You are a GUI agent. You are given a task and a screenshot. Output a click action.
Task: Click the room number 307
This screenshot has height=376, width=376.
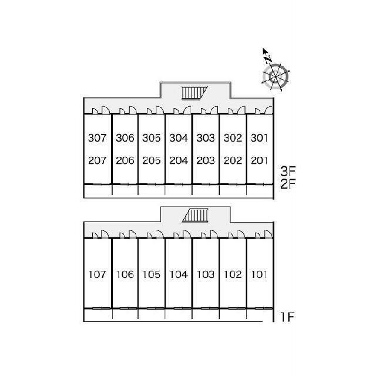pyautogui.click(x=97, y=138)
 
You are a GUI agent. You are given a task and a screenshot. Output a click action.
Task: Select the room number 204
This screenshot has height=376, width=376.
pyautogui.click(x=179, y=160)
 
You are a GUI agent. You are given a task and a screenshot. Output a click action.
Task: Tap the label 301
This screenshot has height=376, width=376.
pyautogui.click(x=259, y=138)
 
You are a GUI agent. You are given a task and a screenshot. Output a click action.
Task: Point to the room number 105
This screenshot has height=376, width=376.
pyautogui.click(x=152, y=274)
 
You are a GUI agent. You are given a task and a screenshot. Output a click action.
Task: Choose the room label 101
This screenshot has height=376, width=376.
pyautogui.click(x=259, y=274)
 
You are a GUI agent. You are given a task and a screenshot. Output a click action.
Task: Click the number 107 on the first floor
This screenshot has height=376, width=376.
pyautogui.click(x=97, y=274)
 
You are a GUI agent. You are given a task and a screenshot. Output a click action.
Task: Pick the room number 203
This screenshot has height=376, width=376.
pyautogui.click(x=206, y=160)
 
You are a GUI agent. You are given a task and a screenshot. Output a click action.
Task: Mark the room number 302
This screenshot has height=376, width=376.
pyautogui.click(x=233, y=138)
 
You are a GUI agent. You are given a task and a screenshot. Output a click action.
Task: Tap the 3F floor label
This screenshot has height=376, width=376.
pyautogui.click(x=288, y=171)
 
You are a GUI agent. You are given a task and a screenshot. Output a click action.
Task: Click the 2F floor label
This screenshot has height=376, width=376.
pyautogui.click(x=288, y=184)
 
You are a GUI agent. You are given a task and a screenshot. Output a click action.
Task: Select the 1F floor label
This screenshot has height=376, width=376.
pyautogui.click(x=287, y=317)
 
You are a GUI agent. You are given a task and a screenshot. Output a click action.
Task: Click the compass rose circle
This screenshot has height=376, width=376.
pyautogui.click(x=276, y=77)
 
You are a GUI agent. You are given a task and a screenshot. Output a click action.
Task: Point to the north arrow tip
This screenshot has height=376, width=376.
pyautogui.click(x=263, y=48)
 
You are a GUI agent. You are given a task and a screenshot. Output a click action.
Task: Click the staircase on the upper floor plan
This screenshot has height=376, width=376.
pyautogui.click(x=194, y=92)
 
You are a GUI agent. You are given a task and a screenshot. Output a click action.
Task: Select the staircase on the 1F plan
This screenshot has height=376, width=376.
pyautogui.click(x=195, y=215)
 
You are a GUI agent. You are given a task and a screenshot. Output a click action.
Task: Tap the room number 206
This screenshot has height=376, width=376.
pyautogui.click(x=125, y=160)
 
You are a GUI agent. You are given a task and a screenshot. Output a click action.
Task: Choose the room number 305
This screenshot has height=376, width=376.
pyautogui.click(x=152, y=138)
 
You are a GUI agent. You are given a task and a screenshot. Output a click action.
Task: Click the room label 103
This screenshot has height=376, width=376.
pyautogui.click(x=206, y=274)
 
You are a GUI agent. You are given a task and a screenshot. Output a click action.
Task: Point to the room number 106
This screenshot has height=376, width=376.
pyautogui.click(x=125, y=274)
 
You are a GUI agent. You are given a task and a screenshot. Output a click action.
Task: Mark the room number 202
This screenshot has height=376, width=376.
pyautogui.click(x=233, y=160)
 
